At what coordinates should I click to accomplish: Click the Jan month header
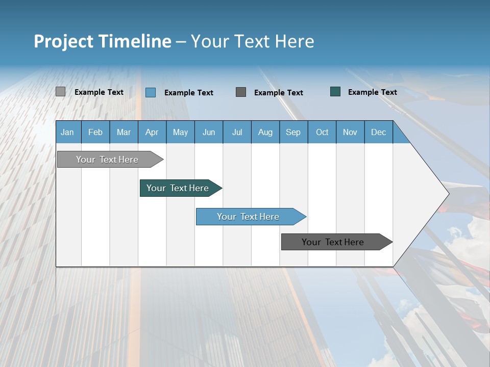67,132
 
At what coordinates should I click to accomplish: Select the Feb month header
95,132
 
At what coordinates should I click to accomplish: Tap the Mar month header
124,132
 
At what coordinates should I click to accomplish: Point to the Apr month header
152,132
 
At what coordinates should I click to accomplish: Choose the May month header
180,132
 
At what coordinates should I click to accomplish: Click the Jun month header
209,132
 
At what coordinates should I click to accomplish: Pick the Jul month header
237,132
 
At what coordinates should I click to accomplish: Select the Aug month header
265,132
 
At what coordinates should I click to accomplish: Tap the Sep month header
293,132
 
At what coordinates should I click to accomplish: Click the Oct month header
322,132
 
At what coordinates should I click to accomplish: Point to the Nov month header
350,132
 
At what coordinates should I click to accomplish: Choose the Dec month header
379,132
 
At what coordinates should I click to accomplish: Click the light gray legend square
60,92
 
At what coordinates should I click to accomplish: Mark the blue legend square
151,92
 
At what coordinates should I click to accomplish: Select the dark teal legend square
335,92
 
